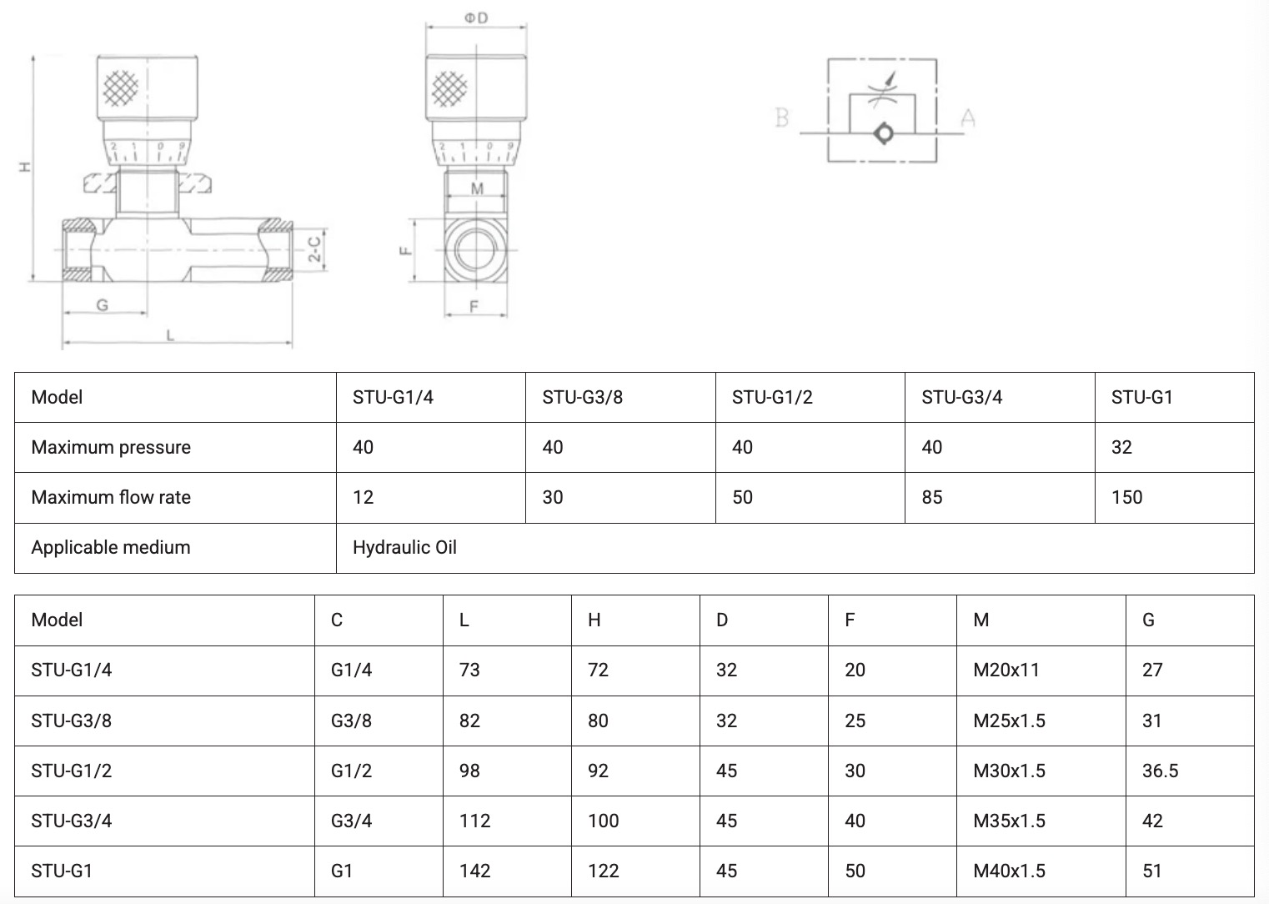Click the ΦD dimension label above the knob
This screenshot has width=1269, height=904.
476,18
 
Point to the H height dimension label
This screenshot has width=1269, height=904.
25,167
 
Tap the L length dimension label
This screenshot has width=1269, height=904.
171,335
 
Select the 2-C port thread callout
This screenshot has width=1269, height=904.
314,249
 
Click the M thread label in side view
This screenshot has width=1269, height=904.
477,188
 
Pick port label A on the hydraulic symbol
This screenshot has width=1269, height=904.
968,118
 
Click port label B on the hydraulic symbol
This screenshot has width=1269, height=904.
782,118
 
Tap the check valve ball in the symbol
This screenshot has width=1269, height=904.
883,133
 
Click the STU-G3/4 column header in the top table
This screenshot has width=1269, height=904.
961,397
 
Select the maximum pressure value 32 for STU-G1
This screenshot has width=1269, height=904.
1121,447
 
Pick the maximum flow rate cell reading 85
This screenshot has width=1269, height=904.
931,497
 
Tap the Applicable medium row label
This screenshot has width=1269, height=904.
110,547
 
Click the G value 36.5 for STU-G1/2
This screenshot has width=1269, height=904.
1160,771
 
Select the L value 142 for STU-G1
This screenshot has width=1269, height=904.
474,871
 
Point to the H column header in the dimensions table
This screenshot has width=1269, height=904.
594,620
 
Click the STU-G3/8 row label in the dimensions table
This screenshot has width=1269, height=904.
72,721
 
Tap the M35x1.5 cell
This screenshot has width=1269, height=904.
1009,821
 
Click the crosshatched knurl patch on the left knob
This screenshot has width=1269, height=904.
121,88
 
